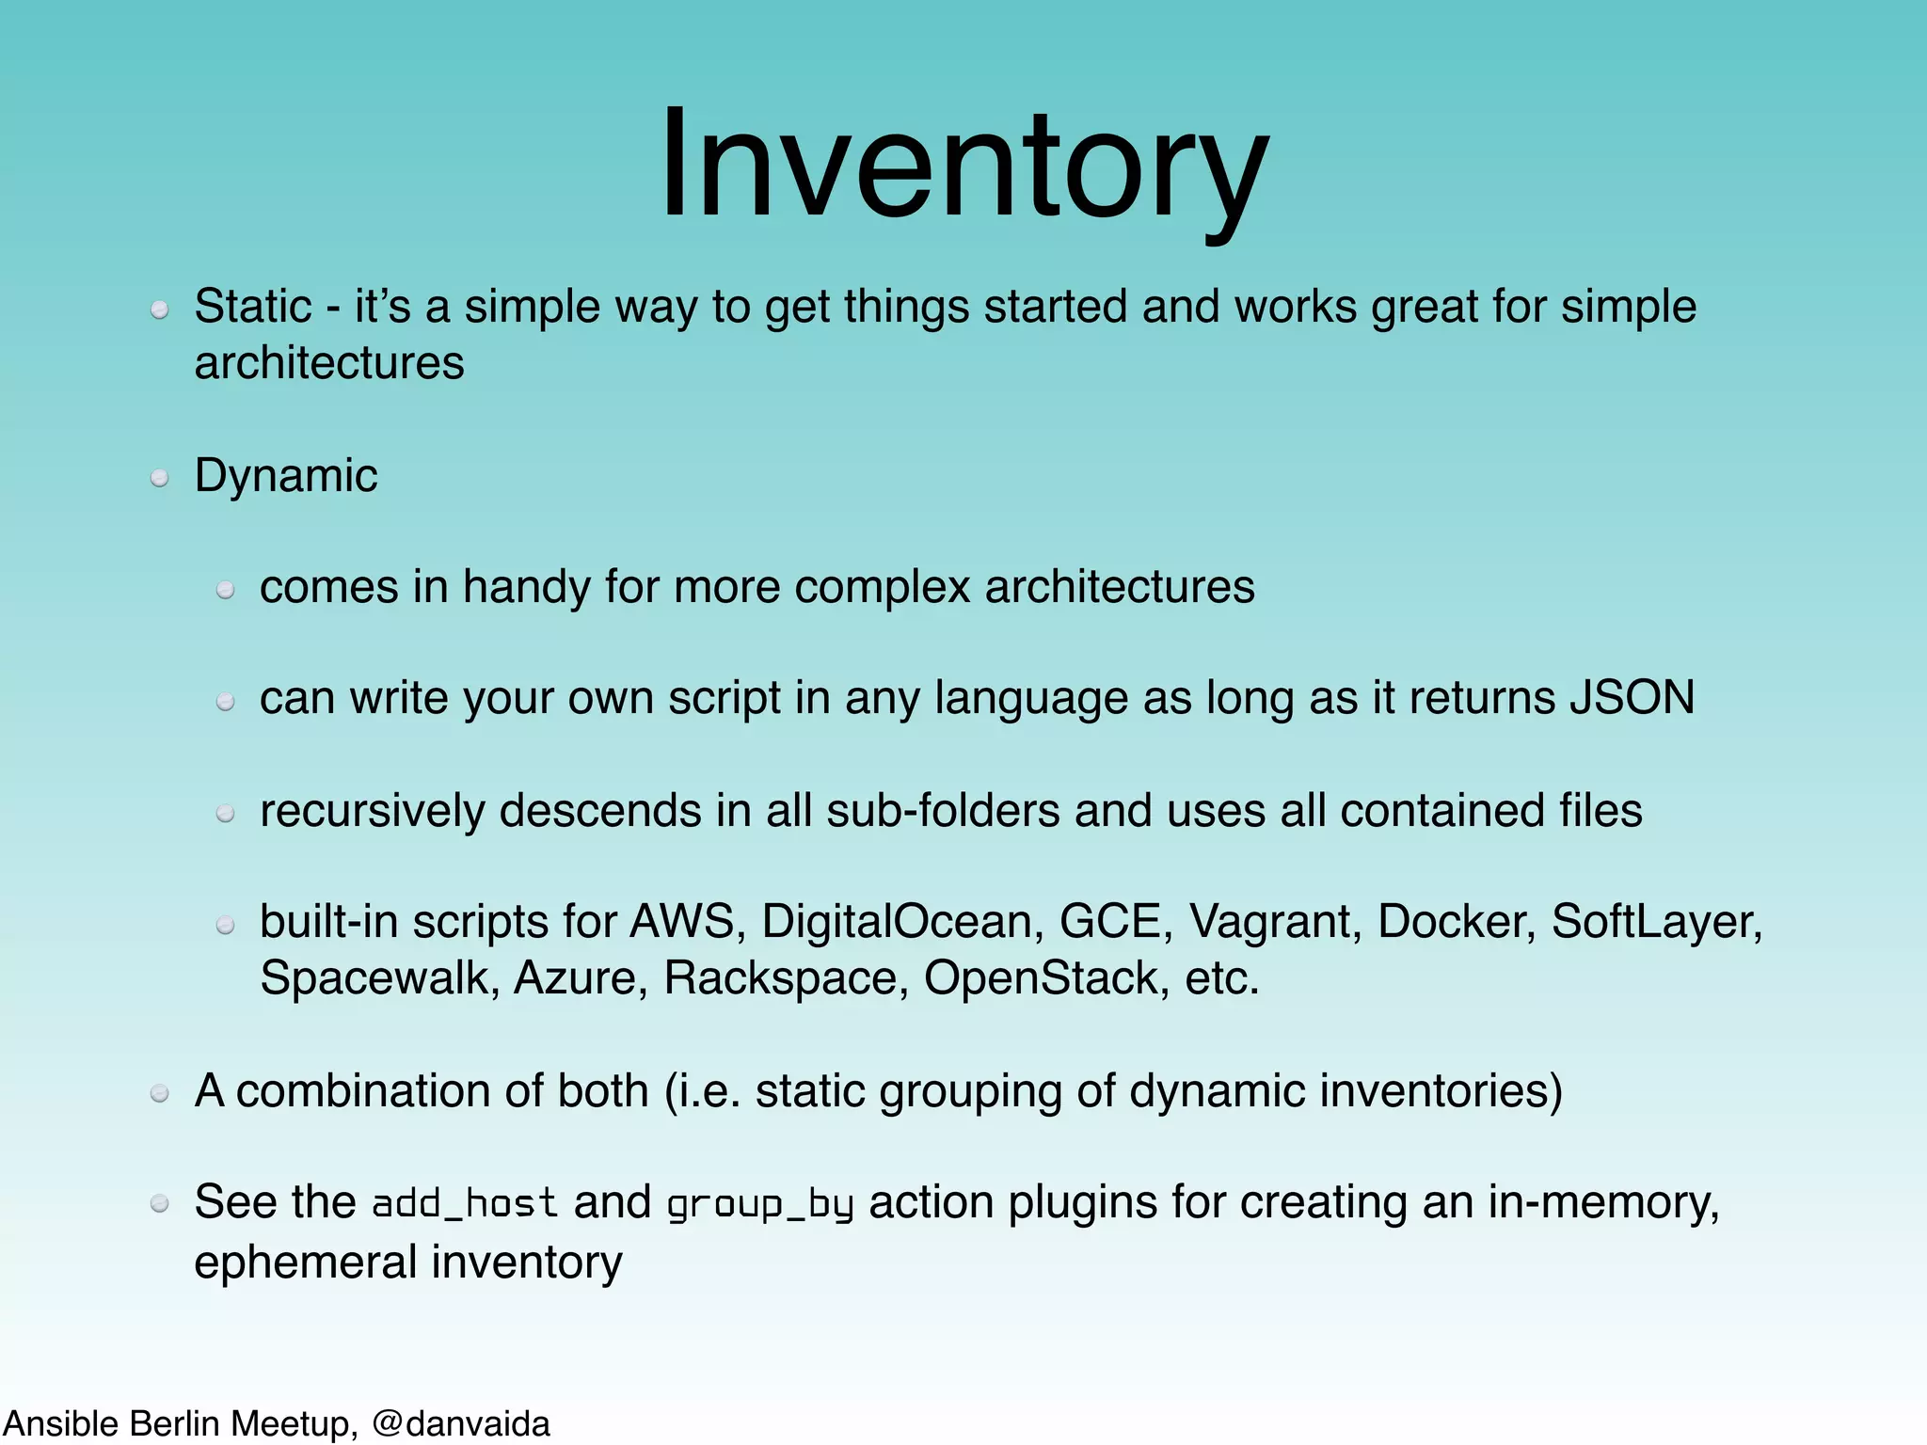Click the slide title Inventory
tap(963, 165)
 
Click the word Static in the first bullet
tap(252, 307)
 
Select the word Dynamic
tap(285, 476)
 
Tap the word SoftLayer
tap(1654, 921)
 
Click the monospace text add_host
tap(465, 1204)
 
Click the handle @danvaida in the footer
tap(461, 1424)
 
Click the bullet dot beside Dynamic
tap(160, 479)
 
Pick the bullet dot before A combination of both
tap(160, 1093)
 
